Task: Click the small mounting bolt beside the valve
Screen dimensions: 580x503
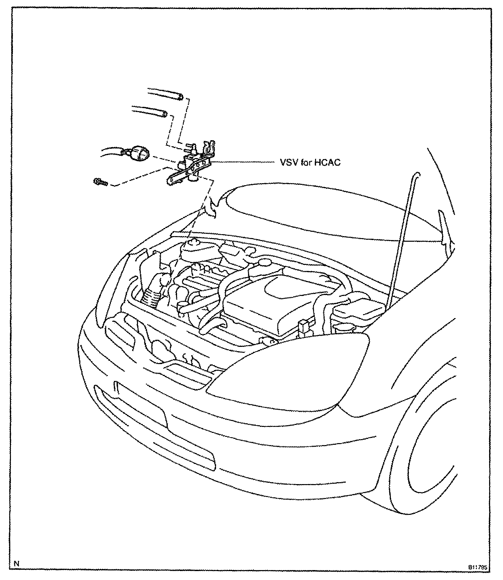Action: click(100, 182)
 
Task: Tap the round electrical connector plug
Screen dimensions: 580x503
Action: click(140, 154)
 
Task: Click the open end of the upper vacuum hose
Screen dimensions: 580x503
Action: click(180, 97)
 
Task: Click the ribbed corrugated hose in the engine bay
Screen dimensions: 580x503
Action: click(153, 298)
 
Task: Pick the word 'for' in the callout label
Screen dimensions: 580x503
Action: click(305, 163)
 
